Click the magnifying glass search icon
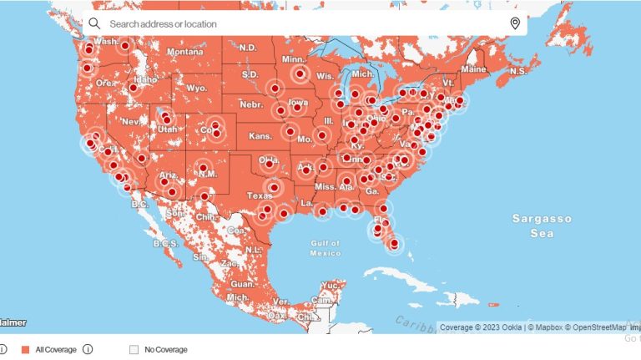click(x=94, y=23)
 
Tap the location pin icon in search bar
click(x=515, y=23)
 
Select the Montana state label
click(x=184, y=52)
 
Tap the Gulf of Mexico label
click(x=324, y=247)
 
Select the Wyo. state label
click(x=197, y=88)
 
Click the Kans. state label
click(x=260, y=135)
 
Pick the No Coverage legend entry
click(x=165, y=349)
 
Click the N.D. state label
click(x=248, y=48)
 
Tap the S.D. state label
click(x=250, y=75)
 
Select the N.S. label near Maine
click(x=517, y=72)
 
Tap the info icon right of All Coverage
click(x=88, y=349)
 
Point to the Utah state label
click(x=167, y=129)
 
